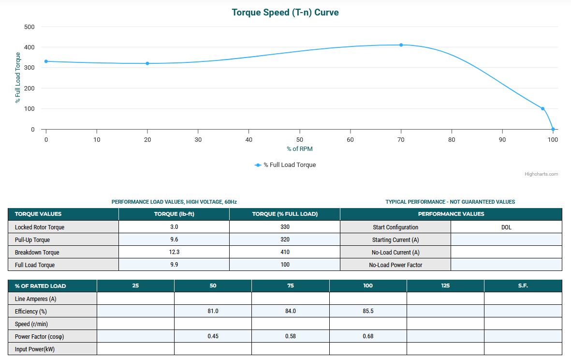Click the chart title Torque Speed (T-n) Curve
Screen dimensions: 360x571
coord(285,13)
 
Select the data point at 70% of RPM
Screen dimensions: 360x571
coord(401,45)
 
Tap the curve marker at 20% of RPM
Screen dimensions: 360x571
coord(147,63)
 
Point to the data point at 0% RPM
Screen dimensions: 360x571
coord(46,61)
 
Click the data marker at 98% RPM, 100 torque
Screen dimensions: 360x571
coord(542,109)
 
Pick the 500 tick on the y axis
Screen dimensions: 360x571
coord(29,27)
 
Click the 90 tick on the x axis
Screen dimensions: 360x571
coord(502,140)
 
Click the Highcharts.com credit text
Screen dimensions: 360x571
coord(541,174)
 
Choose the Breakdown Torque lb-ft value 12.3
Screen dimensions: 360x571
coord(174,252)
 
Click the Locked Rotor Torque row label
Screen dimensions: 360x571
coord(40,227)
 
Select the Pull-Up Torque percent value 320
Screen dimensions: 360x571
coord(285,240)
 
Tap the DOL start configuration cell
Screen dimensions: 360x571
coord(506,227)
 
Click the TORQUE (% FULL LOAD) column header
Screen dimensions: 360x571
coord(284,214)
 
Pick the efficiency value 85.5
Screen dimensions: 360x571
coord(368,311)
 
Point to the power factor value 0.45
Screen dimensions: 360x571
coord(213,336)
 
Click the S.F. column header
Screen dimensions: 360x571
coord(523,285)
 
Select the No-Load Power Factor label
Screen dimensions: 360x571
coord(395,265)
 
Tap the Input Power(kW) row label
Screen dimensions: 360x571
coord(35,349)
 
